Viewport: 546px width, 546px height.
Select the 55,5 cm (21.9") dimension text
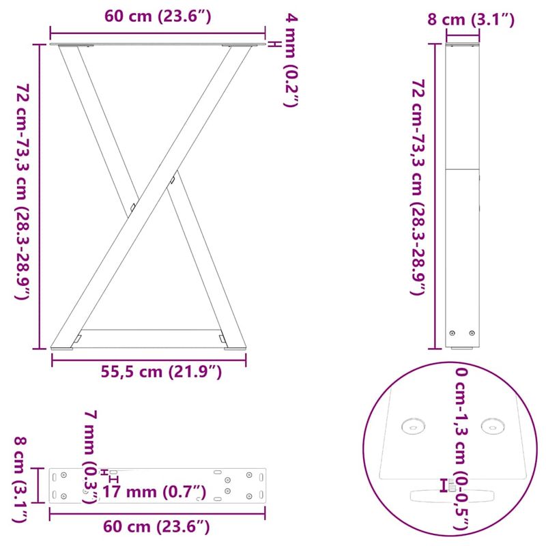tap(161, 372)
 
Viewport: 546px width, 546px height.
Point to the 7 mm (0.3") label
tap(89, 456)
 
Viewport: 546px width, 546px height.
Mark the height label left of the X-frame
tap(23, 192)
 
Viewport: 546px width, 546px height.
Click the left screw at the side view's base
tap(452, 332)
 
